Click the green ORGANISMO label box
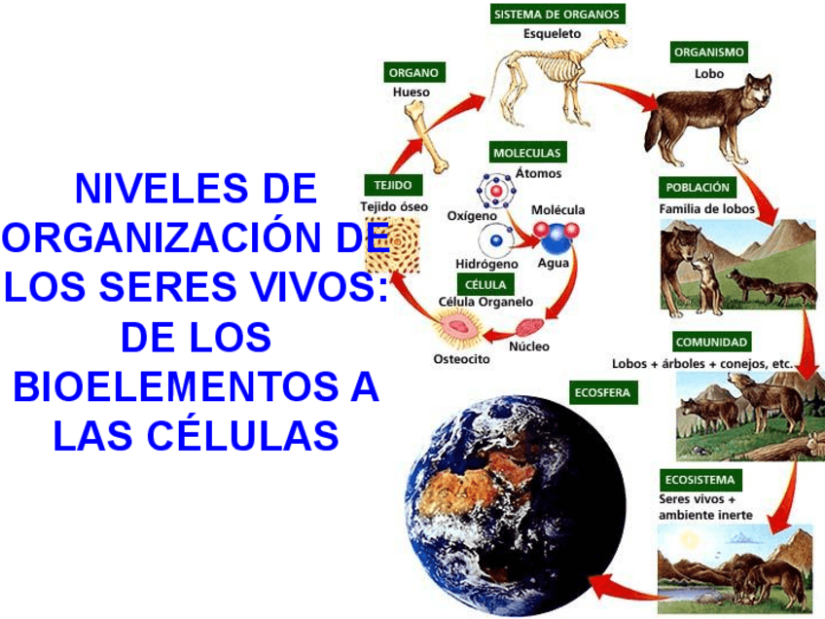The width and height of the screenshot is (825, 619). point(709,52)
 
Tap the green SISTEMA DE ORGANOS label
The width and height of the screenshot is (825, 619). point(556,14)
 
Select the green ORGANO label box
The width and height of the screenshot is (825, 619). point(412,72)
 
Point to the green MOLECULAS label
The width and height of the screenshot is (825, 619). point(527,153)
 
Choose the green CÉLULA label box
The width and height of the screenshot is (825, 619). point(484,284)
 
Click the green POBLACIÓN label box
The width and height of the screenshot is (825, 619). point(698,187)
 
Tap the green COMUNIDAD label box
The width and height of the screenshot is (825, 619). point(711,342)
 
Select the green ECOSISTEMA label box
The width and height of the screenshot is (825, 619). point(700,480)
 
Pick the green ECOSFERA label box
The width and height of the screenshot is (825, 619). point(603,393)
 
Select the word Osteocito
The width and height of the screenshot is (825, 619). point(461,359)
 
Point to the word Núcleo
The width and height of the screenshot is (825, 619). point(529,346)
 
